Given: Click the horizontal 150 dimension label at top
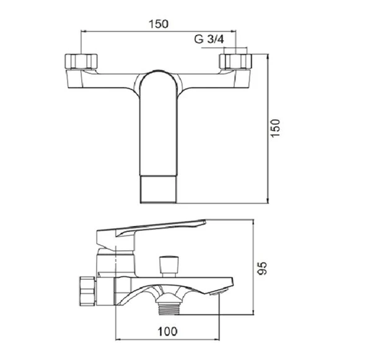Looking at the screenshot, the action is click(159, 24).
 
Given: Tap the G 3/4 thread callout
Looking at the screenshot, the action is click(209, 39).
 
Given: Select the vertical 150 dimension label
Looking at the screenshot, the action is click(275, 128).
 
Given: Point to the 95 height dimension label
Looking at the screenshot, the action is click(262, 268).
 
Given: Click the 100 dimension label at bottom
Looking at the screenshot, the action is click(167, 331).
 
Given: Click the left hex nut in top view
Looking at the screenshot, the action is click(81, 61).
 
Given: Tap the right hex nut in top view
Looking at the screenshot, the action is click(236, 61).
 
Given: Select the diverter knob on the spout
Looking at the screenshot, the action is click(169, 267).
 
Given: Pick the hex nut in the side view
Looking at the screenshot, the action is click(87, 291).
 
